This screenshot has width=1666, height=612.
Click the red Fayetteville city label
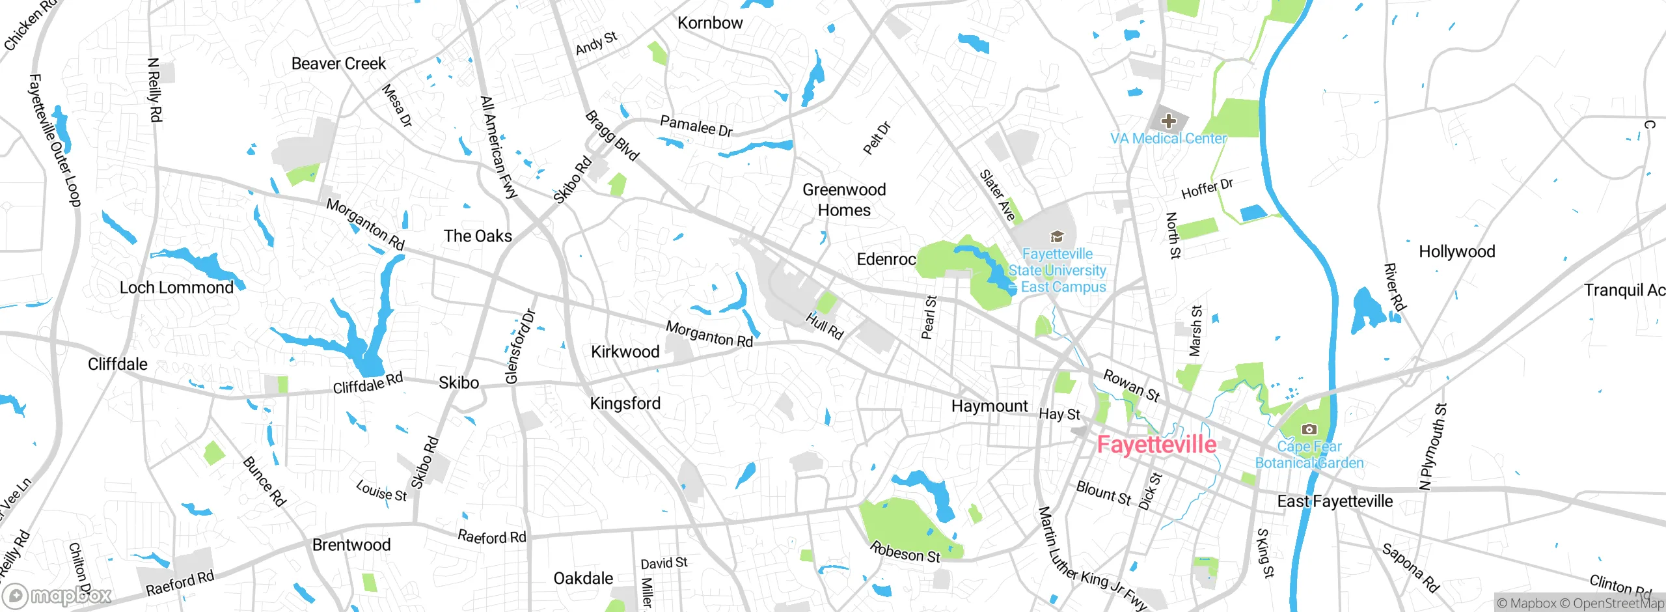1156,445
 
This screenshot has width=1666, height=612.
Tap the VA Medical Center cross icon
1168,121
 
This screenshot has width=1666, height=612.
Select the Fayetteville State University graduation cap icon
1057,236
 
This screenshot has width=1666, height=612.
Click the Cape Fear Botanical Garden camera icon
1309,429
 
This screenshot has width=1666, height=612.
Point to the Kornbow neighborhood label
710,23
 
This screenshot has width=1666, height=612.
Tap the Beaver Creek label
338,64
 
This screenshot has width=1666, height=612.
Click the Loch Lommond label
176,288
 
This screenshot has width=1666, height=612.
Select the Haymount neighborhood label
989,406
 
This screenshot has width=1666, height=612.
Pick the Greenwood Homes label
844,200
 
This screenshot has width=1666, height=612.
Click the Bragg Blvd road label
612,136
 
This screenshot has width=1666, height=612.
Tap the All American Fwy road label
498,147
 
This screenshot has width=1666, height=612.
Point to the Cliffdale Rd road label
368,383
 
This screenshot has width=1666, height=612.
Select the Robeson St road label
905,552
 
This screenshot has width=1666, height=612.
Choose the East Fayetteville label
1335,501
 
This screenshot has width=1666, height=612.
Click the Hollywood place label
1456,252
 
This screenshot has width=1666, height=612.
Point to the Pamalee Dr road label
696,126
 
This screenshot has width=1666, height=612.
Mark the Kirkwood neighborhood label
625,352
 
